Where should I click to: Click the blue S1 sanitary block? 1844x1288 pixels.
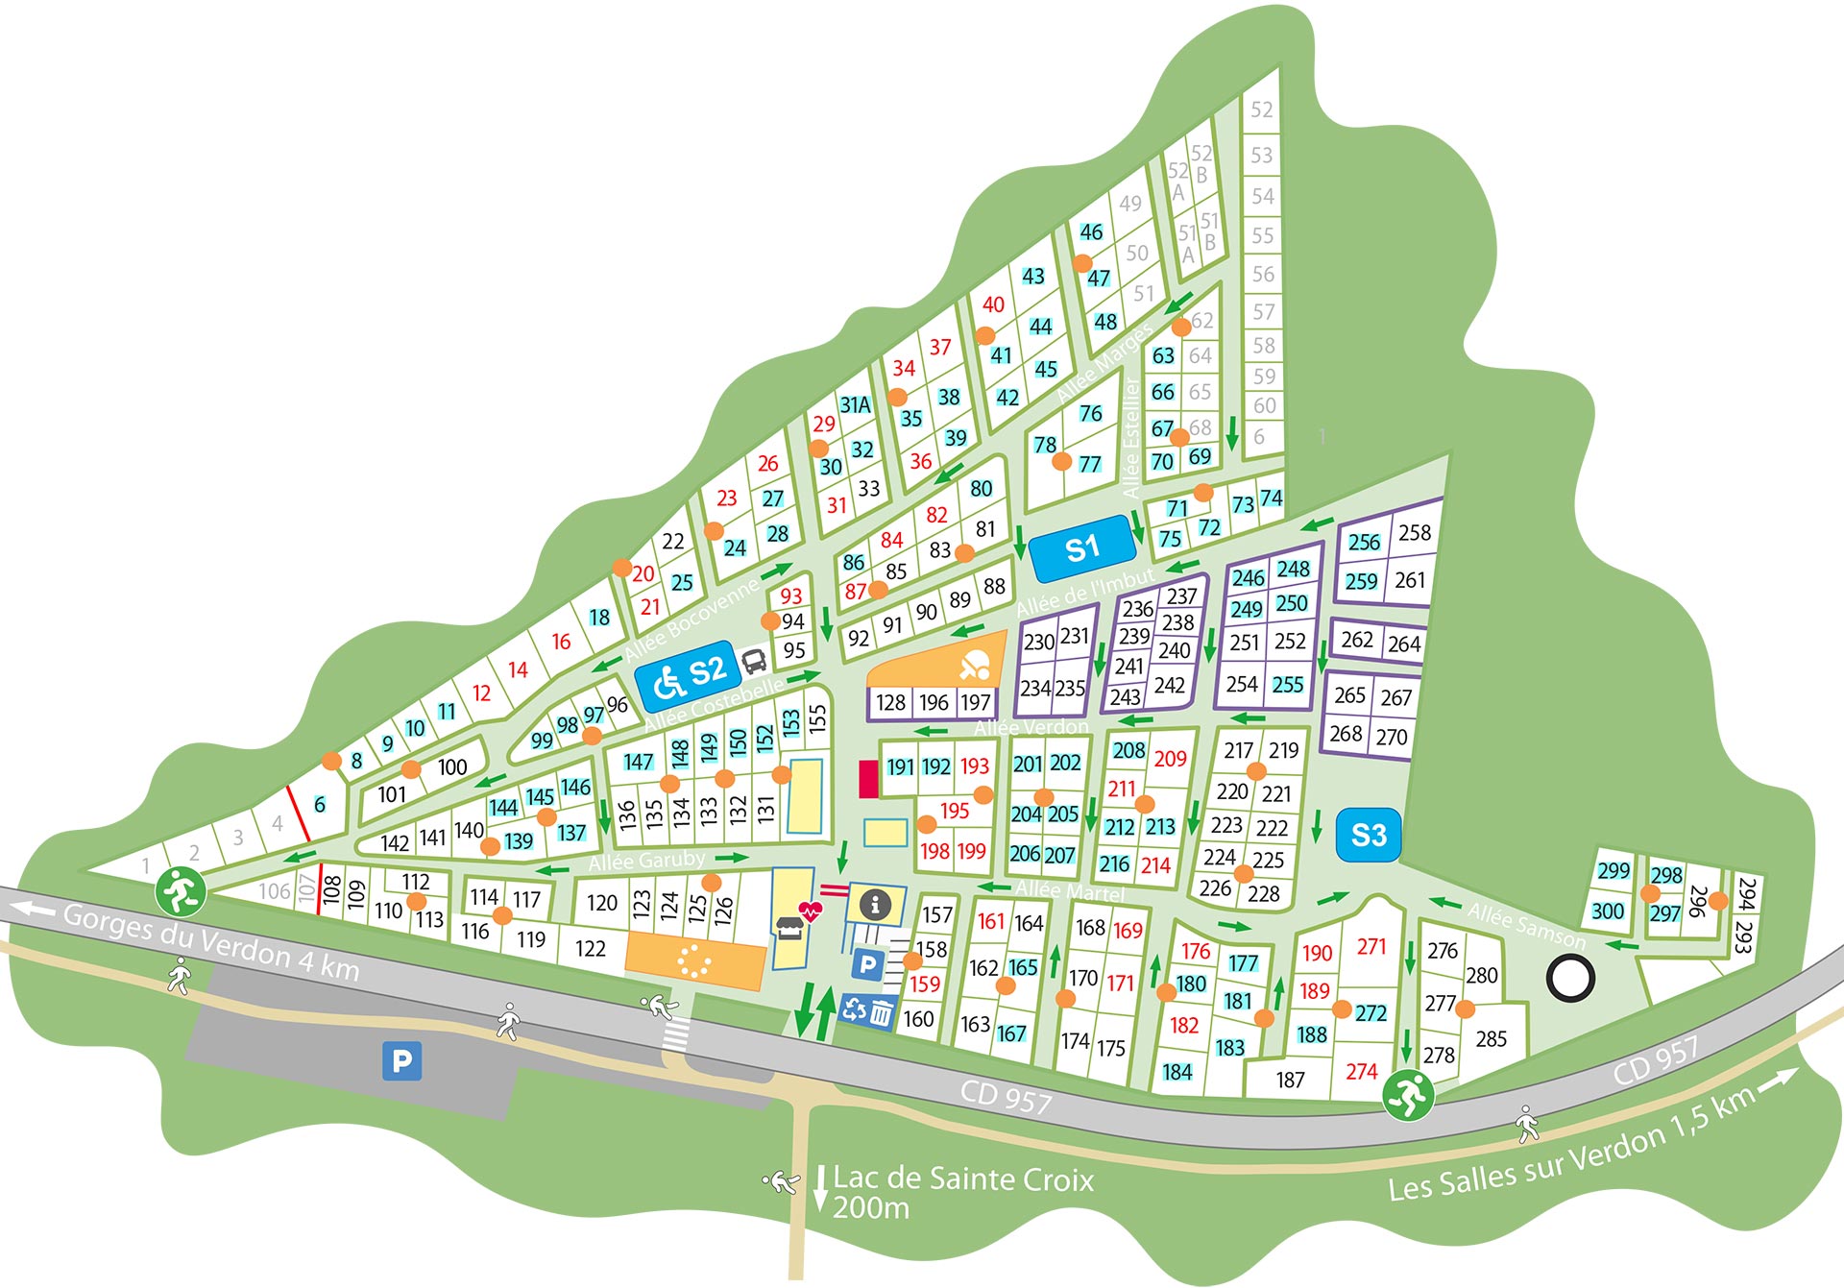[1081, 548]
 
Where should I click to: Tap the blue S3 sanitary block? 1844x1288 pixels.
[1368, 834]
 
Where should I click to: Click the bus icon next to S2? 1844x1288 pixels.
[754, 660]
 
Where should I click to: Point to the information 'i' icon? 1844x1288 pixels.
[874, 904]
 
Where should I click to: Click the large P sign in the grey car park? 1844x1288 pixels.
[401, 1060]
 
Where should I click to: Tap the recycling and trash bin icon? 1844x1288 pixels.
[868, 1010]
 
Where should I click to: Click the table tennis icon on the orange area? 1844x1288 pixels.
[975, 665]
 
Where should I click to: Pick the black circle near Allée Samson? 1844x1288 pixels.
[1570, 979]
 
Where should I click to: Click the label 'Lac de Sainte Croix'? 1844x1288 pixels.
[962, 1179]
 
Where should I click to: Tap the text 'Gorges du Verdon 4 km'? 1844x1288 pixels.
[211, 941]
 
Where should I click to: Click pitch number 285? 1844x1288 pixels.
[1491, 1038]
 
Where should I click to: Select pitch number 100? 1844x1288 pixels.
[451, 766]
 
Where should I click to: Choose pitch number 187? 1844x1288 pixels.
[1290, 1080]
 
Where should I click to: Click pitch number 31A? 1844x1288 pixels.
[855, 404]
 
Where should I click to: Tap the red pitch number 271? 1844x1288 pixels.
[1371, 946]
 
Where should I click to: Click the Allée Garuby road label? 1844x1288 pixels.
[646, 861]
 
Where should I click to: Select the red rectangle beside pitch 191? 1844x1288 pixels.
[868, 778]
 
